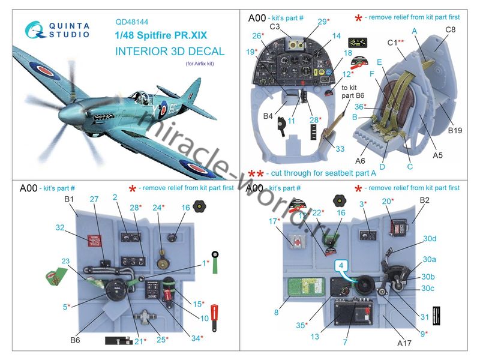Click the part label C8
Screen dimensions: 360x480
pos(451,28)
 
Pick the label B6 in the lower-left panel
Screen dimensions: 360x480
pos(74,340)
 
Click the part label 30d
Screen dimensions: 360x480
pos(429,238)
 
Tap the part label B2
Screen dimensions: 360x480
pos(425,200)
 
